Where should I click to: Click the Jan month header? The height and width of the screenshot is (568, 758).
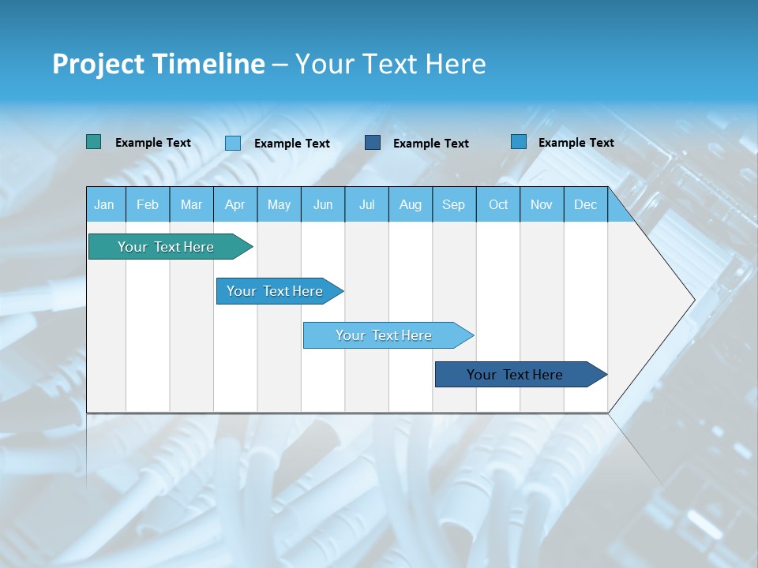tap(104, 204)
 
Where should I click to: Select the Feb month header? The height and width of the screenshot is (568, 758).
tap(148, 204)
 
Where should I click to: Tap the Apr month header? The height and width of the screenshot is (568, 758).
tap(235, 204)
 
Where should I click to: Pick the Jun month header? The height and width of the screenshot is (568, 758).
tap(323, 204)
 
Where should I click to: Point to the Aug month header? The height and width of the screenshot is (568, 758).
tap(411, 204)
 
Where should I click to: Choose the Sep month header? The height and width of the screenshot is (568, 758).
tap(453, 204)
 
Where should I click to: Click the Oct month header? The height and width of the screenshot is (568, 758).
tap(498, 204)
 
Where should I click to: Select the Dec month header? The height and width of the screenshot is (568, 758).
tap(585, 204)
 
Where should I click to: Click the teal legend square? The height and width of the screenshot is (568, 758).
tap(93, 142)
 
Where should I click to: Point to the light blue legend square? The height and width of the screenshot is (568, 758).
tap(233, 143)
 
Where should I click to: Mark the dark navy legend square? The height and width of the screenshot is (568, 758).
tap(373, 143)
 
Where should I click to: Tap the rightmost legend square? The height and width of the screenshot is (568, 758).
tap(519, 142)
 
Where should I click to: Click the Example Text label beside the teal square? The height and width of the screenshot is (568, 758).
tap(153, 143)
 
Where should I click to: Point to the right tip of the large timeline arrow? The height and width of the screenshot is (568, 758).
tap(692, 300)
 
